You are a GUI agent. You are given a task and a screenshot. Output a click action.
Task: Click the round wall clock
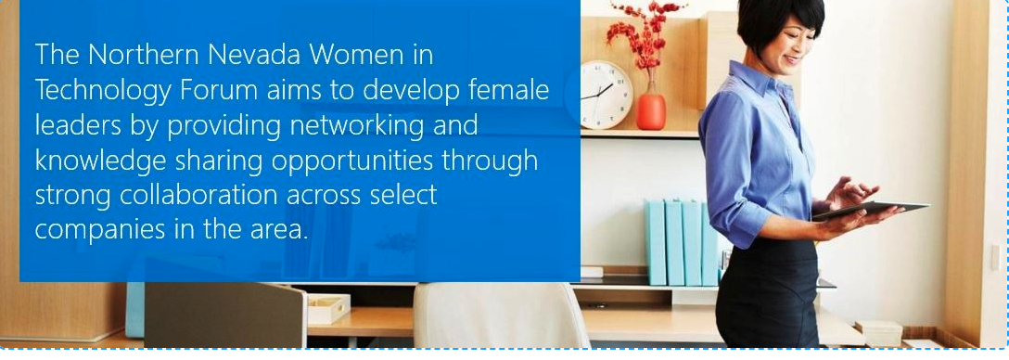pos(607,94)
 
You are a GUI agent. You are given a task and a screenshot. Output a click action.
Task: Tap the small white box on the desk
pos(328,307)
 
